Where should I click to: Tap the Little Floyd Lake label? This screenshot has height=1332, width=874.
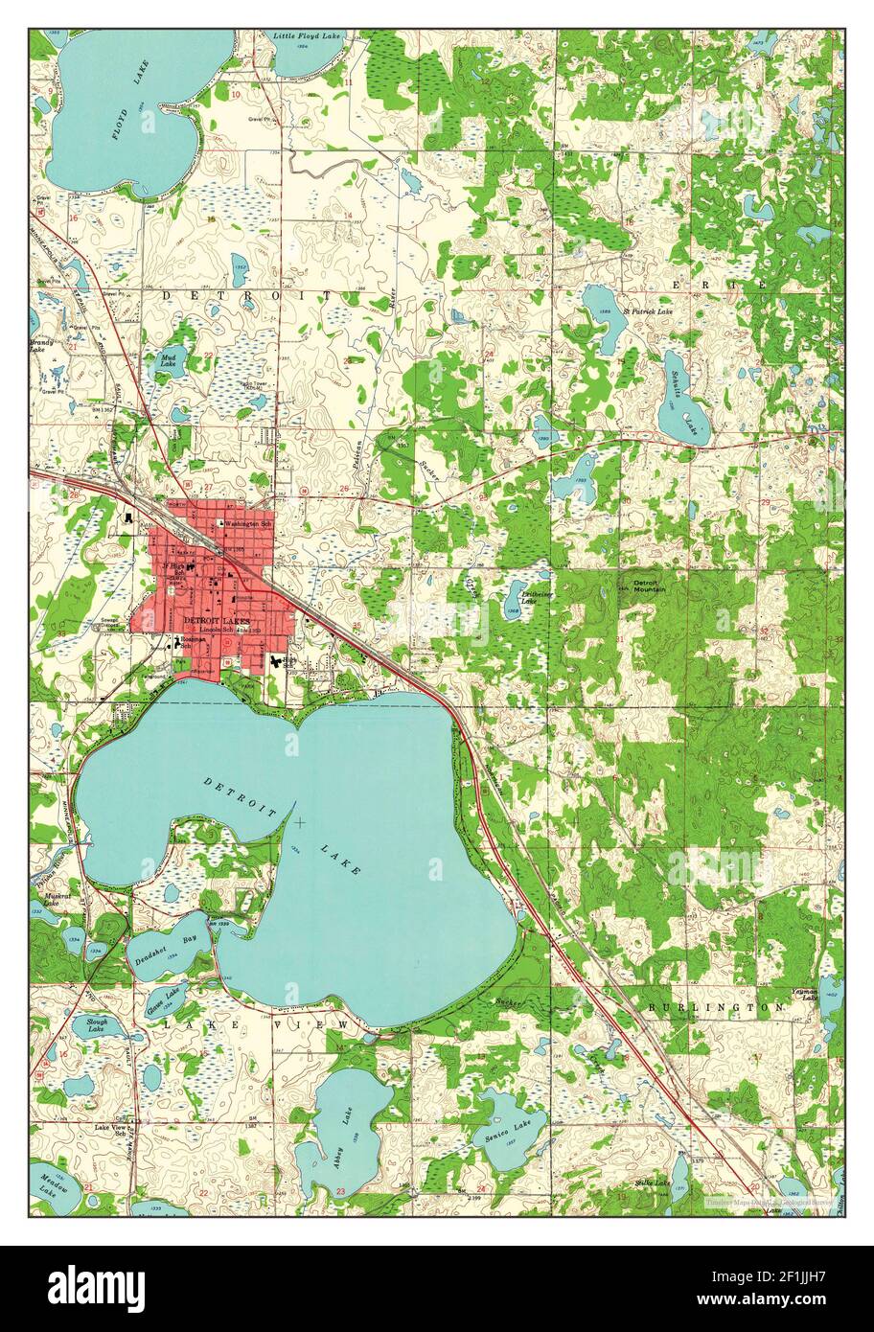tap(307, 36)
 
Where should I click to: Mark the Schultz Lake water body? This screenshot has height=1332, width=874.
tap(678, 395)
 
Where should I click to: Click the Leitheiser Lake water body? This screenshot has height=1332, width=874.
tap(517, 599)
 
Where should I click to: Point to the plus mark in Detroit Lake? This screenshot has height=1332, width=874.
tap(300, 822)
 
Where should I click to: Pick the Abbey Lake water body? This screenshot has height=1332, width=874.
tap(340, 1121)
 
